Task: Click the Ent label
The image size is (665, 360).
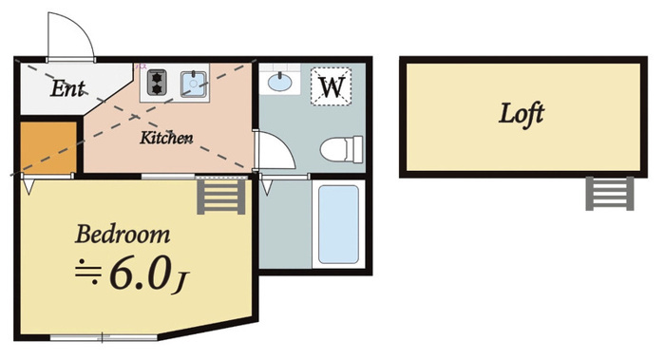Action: pos(67,88)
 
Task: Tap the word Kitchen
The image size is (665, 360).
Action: pos(166,138)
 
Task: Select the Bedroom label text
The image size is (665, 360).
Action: pos(123,234)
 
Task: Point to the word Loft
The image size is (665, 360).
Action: pos(522,114)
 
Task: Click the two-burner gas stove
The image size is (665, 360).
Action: pos(157,83)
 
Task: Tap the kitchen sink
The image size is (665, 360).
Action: pos(194,84)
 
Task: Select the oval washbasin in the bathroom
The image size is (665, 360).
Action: pos(279,81)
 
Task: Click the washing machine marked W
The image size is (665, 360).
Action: pos(332,86)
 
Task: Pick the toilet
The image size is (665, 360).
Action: pos(341,149)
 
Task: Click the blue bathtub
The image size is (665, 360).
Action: pos(338,224)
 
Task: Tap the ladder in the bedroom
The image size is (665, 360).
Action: pos(221,197)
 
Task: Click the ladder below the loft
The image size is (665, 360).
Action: pos(610,194)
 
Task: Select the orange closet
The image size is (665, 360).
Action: pos(48,147)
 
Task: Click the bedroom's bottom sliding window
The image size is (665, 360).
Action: pos(104,337)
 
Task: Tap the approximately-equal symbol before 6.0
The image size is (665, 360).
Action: pos(88,273)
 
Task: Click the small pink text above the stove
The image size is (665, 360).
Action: pos(141,66)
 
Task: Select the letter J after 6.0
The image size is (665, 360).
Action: pos(180,283)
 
